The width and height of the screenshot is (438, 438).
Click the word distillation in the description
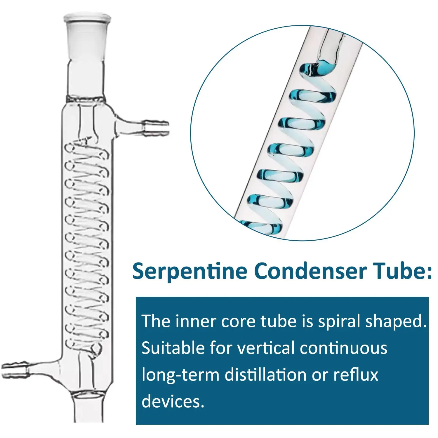265,375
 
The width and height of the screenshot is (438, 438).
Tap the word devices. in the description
173,401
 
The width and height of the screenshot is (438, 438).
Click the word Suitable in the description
173,348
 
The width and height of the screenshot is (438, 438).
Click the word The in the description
156,321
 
